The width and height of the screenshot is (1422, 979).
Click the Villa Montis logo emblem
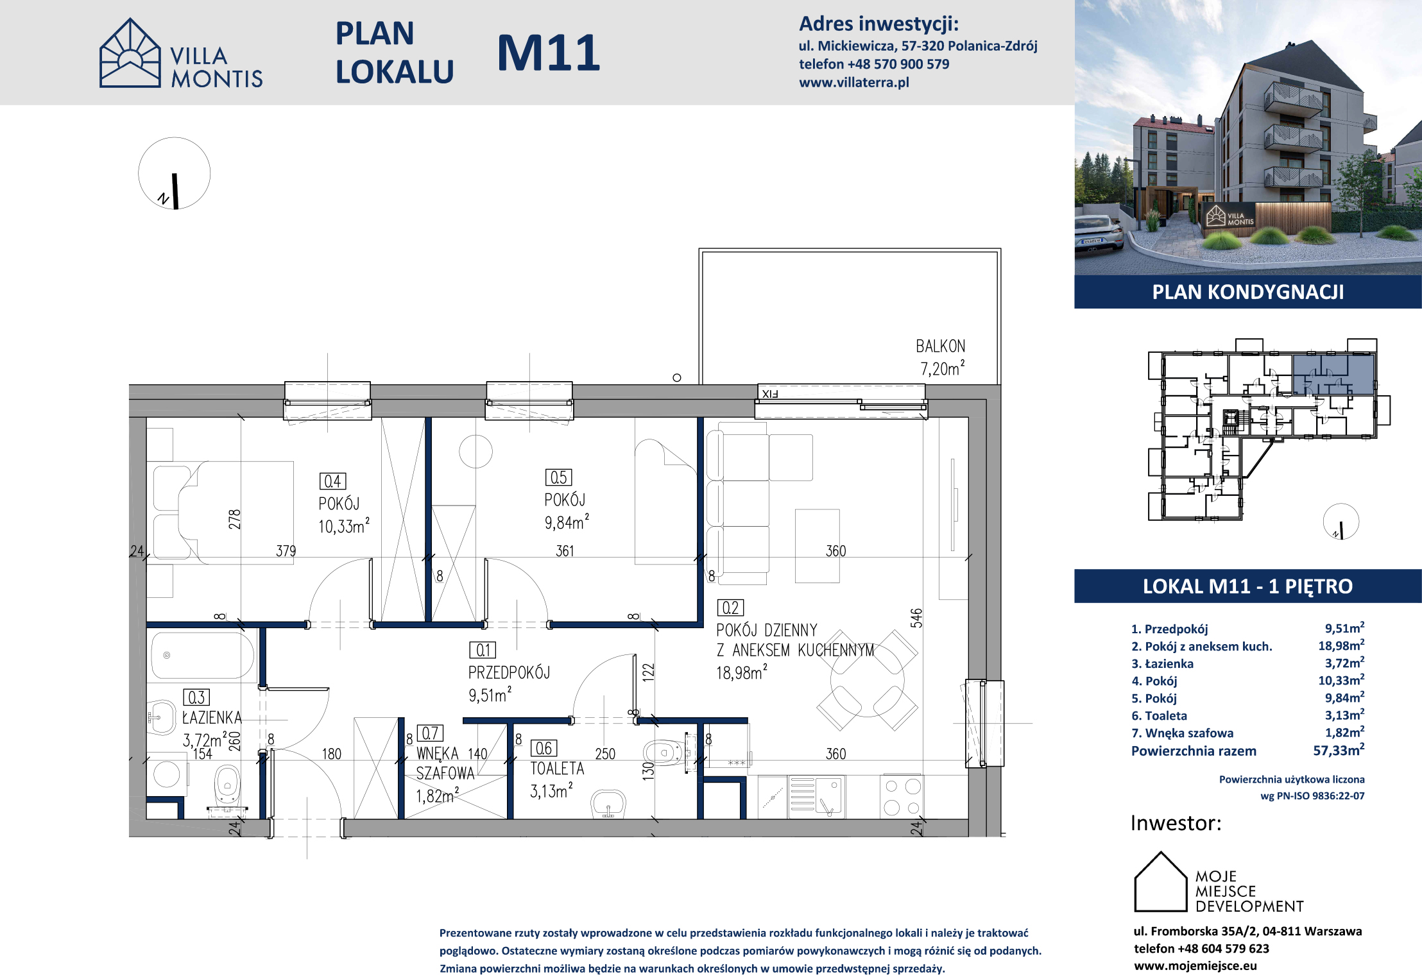(130, 53)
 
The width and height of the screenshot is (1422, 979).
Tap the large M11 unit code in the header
(549, 53)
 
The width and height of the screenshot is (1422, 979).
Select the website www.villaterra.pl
(854, 82)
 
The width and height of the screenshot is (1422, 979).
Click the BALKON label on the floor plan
(940, 346)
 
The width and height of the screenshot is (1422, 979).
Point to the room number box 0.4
(332, 481)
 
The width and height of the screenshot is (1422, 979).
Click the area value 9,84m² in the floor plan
(567, 522)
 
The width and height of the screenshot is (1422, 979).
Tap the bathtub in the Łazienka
(203, 655)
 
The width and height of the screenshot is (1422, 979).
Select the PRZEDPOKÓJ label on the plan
(509, 672)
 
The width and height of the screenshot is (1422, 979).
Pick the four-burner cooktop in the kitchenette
(902, 797)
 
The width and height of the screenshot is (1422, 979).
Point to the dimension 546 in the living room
(916, 618)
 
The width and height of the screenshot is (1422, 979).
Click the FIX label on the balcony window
(769, 394)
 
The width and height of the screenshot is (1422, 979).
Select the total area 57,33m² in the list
(1339, 750)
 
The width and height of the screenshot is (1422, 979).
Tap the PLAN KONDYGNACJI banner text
(1247, 292)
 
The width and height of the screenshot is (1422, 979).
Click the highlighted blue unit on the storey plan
(1333, 375)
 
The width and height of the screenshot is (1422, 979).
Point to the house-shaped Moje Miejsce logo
(1160, 881)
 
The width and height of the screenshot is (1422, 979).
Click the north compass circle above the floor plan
(175, 173)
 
